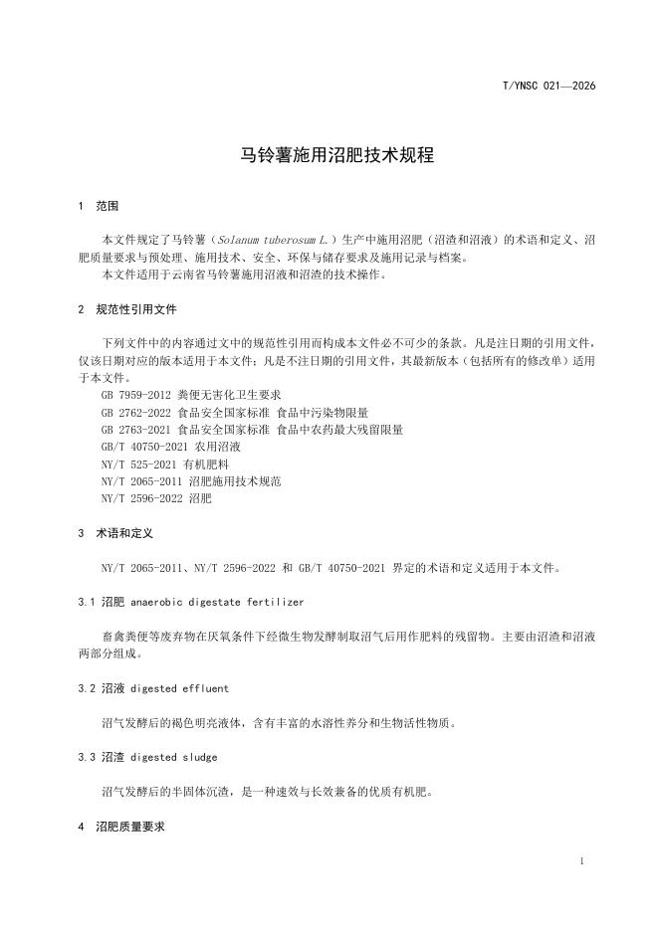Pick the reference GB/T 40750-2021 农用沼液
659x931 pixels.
(x=163, y=447)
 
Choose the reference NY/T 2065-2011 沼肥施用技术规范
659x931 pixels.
(x=191, y=480)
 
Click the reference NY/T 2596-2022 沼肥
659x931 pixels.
(x=156, y=498)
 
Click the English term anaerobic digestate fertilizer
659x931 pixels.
(x=217, y=602)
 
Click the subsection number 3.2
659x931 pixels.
(x=86, y=688)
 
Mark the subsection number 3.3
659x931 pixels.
(x=86, y=758)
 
